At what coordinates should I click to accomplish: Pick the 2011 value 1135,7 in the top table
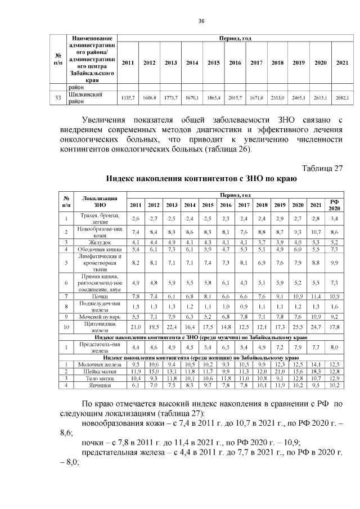(x=128, y=98)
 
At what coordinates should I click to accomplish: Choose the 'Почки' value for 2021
(x=316, y=296)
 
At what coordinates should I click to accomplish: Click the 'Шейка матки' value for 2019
(x=280, y=371)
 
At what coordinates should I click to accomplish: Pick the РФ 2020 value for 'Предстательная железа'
(x=335, y=347)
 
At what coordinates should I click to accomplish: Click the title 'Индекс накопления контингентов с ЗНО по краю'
(x=201, y=179)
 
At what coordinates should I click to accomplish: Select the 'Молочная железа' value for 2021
(x=316, y=364)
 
